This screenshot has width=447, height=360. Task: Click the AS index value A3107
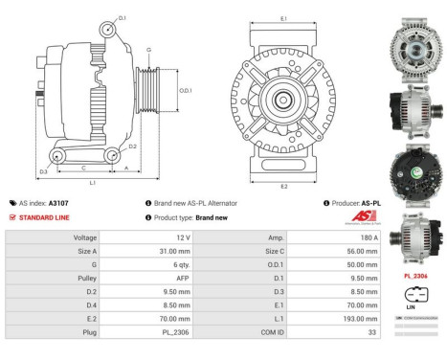58,203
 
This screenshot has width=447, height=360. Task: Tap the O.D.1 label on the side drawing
186,91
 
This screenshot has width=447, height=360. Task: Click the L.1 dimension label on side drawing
91,182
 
